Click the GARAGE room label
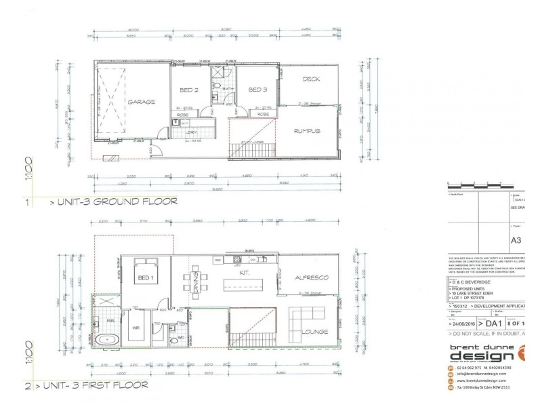(x=141, y=102)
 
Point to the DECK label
(x=311, y=79)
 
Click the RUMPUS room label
(x=307, y=131)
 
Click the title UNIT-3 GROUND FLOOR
(x=113, y=201)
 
